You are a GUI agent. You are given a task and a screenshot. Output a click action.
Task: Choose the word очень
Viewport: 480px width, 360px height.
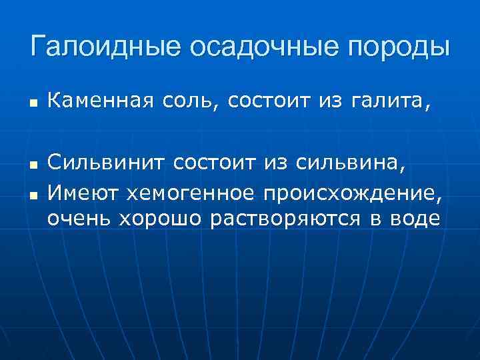click(79, 219)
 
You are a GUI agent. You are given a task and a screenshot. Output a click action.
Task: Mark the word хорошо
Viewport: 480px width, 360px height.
click(160, 219)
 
